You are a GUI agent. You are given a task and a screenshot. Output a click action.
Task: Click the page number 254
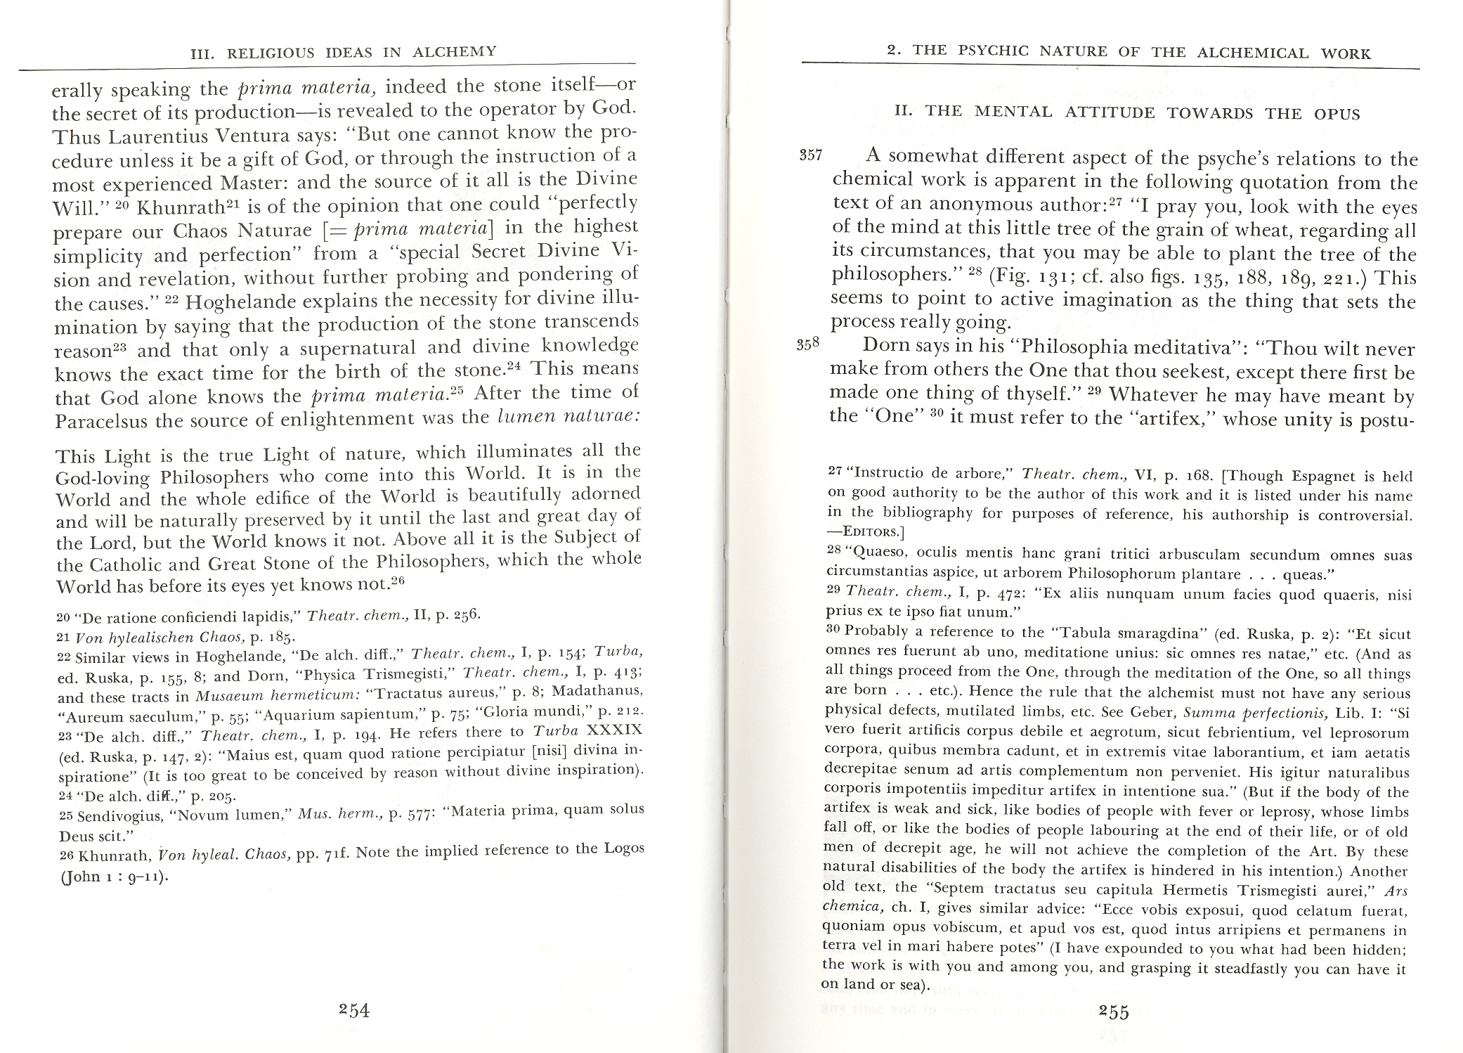pos(353,1010)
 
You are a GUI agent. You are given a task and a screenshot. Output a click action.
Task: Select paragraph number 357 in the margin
pos(811,155)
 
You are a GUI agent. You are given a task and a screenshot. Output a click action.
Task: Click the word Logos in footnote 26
pos(623,848)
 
